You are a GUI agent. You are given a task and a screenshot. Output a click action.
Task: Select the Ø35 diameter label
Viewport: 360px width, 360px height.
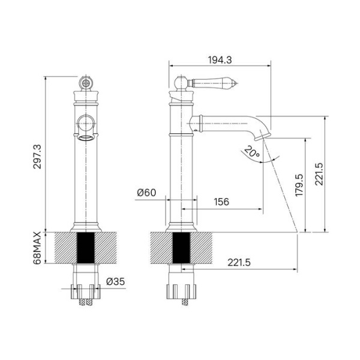[115, 281]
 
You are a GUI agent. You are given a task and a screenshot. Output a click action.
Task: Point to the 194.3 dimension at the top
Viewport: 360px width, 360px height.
[220, 59]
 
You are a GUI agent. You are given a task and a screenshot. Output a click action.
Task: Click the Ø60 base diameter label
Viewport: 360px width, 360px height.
[146, 193]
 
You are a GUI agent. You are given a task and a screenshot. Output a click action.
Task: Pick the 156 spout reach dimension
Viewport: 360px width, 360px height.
[221, 202]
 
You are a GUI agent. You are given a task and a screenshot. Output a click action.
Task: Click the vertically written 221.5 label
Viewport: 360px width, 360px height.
[319, 174]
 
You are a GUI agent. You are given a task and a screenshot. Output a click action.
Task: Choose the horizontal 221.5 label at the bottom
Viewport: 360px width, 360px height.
[238, 262]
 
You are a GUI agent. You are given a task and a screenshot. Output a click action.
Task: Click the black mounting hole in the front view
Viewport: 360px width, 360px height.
[86, 247]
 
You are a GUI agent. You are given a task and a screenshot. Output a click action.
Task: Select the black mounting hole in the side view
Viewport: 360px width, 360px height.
[181, 247]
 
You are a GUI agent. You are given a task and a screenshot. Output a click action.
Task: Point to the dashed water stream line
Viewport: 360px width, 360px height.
[285, 192]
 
